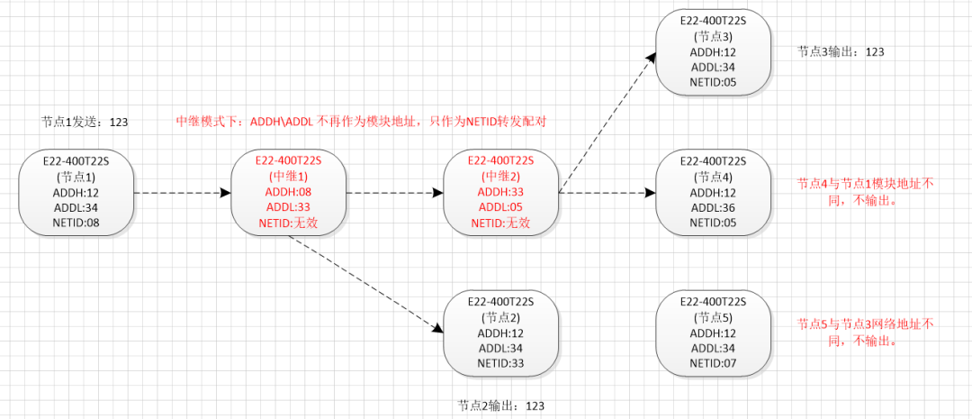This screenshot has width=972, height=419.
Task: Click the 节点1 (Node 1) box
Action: [x=76, y=193]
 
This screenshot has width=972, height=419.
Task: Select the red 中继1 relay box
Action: [x=288, y=193]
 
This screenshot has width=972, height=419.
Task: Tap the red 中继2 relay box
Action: [x=500, y=193]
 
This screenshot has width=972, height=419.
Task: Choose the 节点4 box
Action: [x=713, y=193]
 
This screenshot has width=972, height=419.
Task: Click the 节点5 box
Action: [x=713, y=334]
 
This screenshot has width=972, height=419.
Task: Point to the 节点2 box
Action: [x=501, y=334]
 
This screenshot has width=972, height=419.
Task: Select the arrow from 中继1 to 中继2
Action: [x=394, y=193]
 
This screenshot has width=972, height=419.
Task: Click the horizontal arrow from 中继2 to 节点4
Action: [x=605, y=193]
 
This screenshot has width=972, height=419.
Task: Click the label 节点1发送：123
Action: [x=85, y=121]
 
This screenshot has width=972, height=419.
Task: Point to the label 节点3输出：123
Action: [x=841, y=52]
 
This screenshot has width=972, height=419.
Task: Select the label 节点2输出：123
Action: [x=500, y=405]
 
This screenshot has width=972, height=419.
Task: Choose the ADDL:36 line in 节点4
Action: [x=713, y=208]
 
